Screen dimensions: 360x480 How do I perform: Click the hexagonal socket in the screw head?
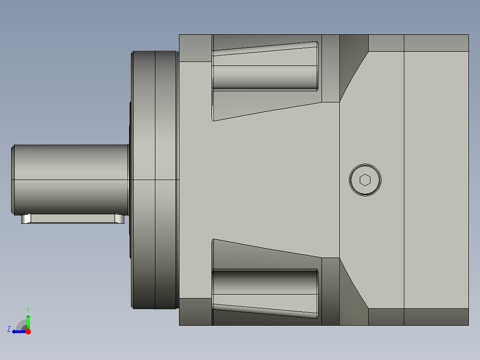365,180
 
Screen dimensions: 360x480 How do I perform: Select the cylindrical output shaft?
71,178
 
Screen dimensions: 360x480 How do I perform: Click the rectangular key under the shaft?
73,219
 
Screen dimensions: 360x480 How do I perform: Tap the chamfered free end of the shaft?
13,178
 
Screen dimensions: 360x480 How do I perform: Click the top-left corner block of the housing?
195,48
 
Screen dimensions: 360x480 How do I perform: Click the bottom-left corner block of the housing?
195,312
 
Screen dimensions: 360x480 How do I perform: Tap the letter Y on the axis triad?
28,309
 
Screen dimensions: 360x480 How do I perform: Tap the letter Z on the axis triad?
9,329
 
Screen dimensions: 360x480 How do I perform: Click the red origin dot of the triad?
28,331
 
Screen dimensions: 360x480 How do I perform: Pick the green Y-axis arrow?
28,321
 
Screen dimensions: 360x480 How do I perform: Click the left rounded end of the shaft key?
26,219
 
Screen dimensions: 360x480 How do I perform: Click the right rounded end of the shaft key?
120,219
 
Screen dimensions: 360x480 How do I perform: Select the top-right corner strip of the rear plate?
436,43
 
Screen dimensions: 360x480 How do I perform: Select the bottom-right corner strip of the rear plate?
436,317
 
